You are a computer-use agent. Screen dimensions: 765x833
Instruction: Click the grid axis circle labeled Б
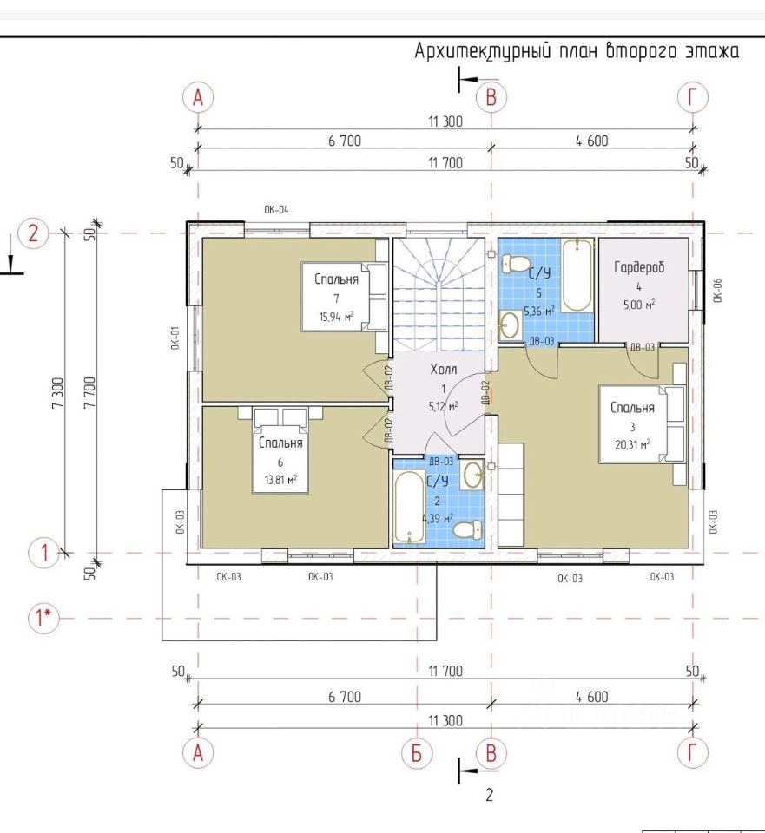pyautogui.click(x=416, y=753)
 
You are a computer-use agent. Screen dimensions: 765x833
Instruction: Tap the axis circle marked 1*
pyautogui.click(x=43, y=618)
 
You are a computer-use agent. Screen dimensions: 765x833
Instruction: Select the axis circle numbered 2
pyautogui.click(x=34, y=233)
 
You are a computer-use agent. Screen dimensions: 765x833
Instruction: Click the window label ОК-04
pyautogui.click(x=276, y=210)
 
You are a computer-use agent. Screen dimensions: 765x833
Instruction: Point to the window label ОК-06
pyautogui.click(x=717, y=290)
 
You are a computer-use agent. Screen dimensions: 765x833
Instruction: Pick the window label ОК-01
pyautogui.click(x=176, y=338)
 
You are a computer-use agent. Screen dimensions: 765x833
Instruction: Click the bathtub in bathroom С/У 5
pyautogui.click(x=577, y=275)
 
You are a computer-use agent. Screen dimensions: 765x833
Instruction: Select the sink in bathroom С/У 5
pyautogui.click(x=510, y=324)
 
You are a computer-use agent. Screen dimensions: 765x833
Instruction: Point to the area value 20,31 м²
pyautogui.click(x=632, y=444)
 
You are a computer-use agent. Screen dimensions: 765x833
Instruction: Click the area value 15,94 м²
pyautogui.click(x=336, y=317)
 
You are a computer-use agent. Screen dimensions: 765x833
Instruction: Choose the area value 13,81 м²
pyautogui.click(x=280, y=480)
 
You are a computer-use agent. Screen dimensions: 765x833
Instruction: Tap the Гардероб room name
pyautogui.click(x=639, y=266)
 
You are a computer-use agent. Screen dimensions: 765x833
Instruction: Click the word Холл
pyautogui.click(x=444, y=369)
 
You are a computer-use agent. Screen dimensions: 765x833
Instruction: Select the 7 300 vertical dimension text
pyautogui.click(x=58, y=392)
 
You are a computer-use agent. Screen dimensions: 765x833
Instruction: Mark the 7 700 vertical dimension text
pyautogui.click(x=90, y=392)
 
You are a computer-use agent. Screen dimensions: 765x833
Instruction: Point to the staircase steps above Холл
pyautogui.click(x=439, y=294)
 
